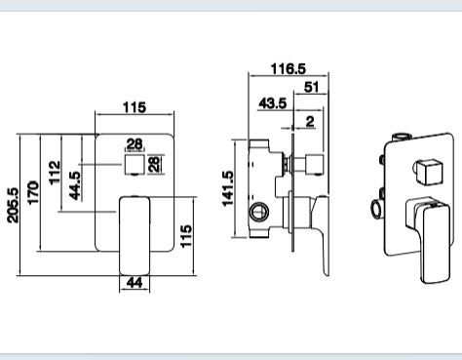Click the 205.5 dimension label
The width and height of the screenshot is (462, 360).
14,205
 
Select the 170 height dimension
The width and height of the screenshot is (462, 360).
33,192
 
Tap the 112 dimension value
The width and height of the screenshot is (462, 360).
55,173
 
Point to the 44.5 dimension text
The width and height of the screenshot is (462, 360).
75,185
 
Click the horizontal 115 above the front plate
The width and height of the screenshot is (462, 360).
135,107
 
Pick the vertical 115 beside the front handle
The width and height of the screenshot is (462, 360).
186,236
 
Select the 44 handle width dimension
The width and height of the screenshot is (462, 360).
135,283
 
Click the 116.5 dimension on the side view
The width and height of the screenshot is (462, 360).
289,68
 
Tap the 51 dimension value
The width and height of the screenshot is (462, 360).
312,87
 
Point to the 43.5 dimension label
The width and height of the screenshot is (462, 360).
273,103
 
